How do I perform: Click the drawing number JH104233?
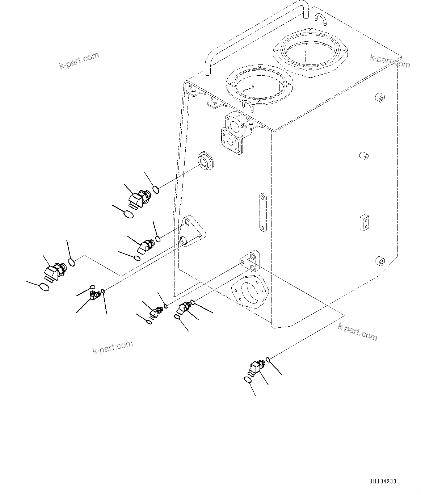(x=383, y=482)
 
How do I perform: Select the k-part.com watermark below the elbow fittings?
(x=113, y=347)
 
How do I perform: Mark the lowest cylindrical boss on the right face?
(x=380, y=261)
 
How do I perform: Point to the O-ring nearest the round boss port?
(x=156, y=189)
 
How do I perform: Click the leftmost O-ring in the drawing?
(x=44, y=287)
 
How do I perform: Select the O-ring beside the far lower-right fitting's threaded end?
(x=268, y=359)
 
